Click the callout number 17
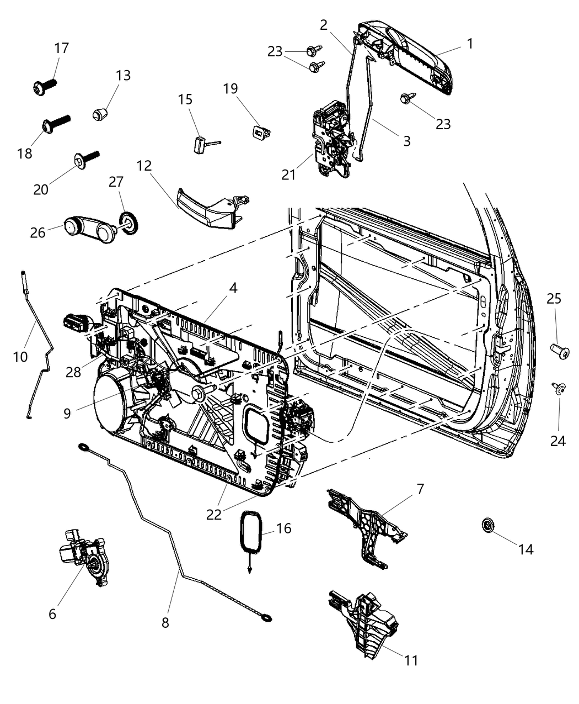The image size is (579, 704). click(x=61, y=48)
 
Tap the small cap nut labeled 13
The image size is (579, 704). click(x=99, y=115)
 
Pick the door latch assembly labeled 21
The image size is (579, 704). click(x=330, y=138)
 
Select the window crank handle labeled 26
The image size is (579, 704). click(x=87, y=226)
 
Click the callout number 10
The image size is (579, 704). click(x=20, y=357)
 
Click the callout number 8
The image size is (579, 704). click(x=165, y=622)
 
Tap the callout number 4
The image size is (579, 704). click(x=234, y=288)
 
